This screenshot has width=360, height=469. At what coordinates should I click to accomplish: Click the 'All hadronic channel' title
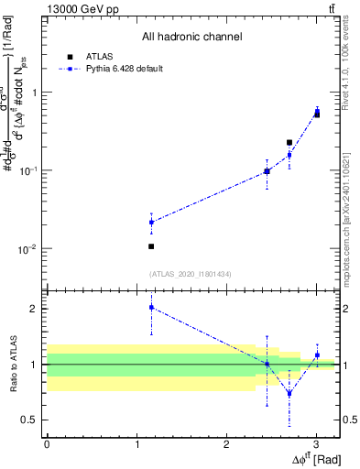(192, 38)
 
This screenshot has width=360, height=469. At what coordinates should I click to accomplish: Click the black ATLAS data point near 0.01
(151, 246)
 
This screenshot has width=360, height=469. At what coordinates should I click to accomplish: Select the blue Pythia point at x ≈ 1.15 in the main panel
(151, 222)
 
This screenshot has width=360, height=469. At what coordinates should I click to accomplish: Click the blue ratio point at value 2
(151, 308)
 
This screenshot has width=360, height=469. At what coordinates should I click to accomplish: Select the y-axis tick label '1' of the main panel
(34, 93)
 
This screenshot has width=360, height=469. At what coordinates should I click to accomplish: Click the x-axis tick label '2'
(226, 444)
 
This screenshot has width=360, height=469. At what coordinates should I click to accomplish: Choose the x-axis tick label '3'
(316, 444)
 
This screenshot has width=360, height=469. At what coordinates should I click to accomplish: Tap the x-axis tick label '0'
(47, 444)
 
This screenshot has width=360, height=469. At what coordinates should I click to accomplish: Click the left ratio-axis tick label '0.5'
(28, 420)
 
